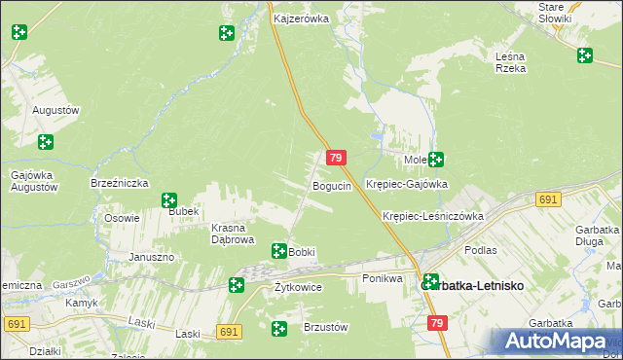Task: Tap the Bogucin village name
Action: (331, 186)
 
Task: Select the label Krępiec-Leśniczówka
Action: (433, 216)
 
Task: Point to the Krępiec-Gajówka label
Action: (406, 184)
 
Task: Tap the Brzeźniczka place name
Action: (119, 183)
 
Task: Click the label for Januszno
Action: (151, 257)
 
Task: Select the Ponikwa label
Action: (383, 278)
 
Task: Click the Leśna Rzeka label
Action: (510, 62)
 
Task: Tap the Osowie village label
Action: (123, 218)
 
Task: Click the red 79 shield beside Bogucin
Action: (336, 158)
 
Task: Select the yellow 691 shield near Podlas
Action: (548, 199)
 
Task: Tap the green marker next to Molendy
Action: (436, 160)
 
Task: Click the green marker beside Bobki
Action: (279, 251)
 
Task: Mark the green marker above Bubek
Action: (169, 200)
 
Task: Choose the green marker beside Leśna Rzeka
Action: (584, 56)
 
